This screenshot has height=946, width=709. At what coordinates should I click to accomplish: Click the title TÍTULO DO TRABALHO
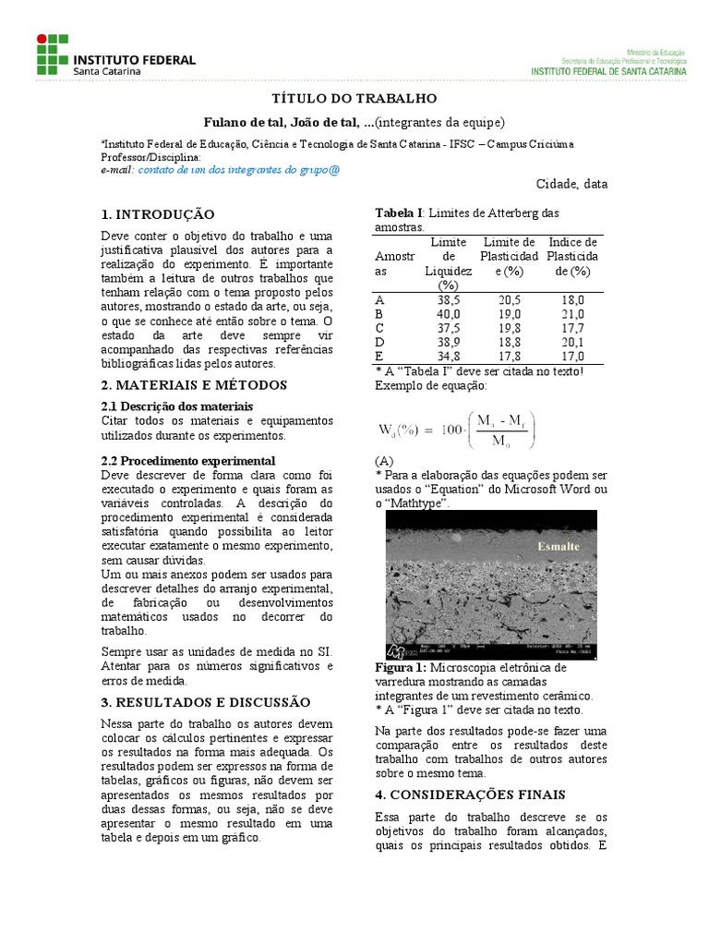click(x=354, y=99)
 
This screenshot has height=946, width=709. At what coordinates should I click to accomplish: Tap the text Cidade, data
click(x=571, y=184)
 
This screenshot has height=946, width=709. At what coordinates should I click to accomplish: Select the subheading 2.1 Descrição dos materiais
click(x=176, y=406)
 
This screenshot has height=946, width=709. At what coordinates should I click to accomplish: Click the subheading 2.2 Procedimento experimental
click(x=187, y=460)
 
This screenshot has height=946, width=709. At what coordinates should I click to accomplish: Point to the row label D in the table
click(x=379, y=341)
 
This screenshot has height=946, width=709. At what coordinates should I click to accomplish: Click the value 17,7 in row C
click(x=572, y=328)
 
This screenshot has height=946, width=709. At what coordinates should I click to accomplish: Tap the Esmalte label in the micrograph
click(x=559, y=546)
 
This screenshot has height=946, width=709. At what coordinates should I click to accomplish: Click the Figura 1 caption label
click(x=401, y=667)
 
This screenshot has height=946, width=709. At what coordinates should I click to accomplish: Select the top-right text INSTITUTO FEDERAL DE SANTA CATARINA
click(x=608, y=70)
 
